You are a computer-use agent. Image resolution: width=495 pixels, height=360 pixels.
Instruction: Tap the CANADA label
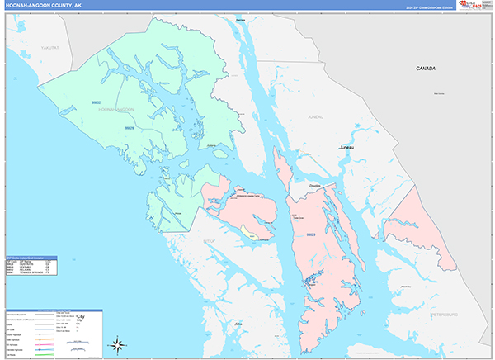point(426,69)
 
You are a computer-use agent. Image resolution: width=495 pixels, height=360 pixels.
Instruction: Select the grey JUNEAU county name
point(316,118)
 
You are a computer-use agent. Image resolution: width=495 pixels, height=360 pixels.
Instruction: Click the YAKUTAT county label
point(51,49)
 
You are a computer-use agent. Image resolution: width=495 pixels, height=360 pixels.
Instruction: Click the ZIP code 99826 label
point(129,128)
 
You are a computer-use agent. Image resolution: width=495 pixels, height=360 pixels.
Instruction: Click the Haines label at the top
point(240,18)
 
